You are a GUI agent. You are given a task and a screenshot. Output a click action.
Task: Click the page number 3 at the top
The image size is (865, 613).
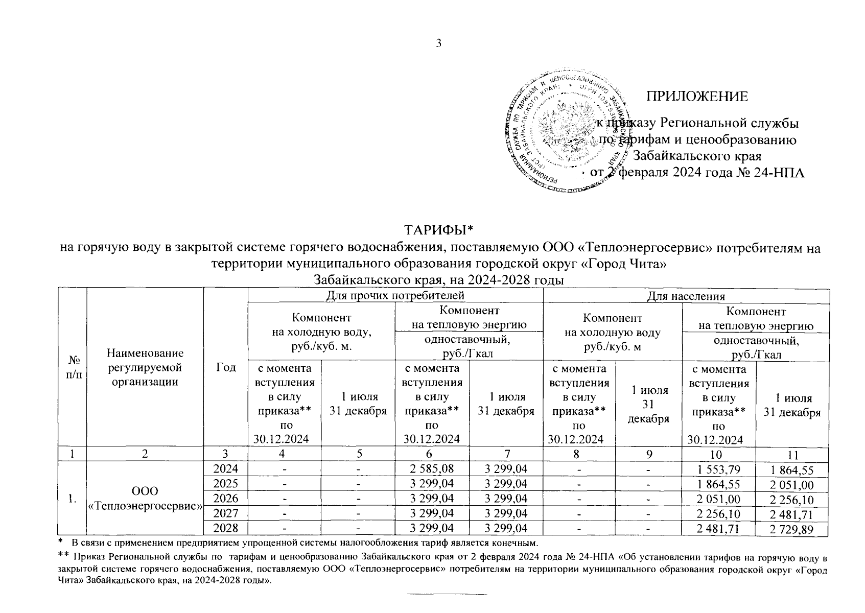coord(438,43)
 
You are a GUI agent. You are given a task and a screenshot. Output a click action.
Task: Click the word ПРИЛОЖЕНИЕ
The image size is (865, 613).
coord(697,97)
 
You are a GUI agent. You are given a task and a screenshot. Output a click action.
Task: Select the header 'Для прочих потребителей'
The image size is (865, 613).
coord(395,295)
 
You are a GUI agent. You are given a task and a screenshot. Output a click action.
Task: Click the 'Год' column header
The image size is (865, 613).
coord(225,367)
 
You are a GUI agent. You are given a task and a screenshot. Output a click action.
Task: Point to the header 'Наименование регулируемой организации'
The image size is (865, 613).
coord(145,367)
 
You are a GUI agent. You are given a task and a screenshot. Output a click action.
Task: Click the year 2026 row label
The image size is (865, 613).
coord(225,498)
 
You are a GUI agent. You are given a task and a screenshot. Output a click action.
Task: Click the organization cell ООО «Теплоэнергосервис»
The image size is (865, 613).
coord(145,498)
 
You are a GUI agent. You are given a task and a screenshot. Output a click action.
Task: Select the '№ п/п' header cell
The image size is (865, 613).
coord(73,367)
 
